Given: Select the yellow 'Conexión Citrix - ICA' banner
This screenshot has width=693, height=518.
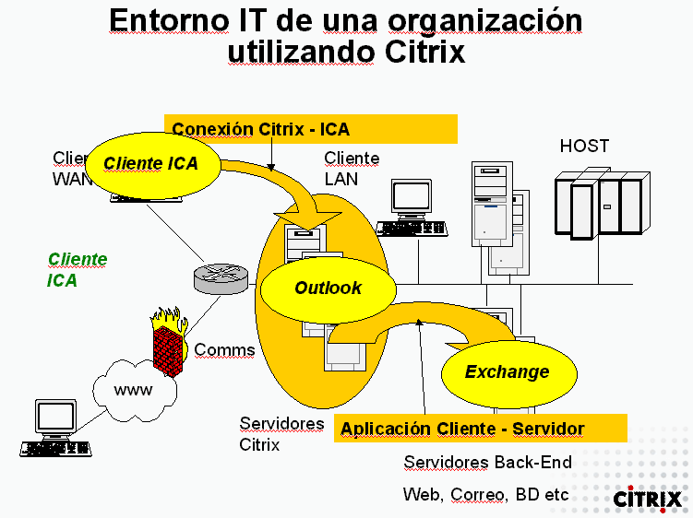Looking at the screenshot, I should [310, 129].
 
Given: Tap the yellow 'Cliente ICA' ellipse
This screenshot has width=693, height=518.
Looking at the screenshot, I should [155, 164].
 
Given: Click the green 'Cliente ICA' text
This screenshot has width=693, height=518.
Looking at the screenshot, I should [77, 269].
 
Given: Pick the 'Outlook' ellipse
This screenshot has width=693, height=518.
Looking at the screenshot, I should [328, 288].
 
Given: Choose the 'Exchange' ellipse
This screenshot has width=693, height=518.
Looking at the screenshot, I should [506, 372].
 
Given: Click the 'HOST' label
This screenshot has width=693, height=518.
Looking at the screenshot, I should [584, 147].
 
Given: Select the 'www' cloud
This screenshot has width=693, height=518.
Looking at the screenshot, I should [134, 391].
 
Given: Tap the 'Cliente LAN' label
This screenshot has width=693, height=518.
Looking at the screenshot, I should [352, 168].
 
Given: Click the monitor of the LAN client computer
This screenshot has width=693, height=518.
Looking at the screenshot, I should [411, 197].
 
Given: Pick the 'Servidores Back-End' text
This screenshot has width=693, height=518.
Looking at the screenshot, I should [487, 462].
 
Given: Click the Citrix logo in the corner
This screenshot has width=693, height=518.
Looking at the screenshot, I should [649, 498].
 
